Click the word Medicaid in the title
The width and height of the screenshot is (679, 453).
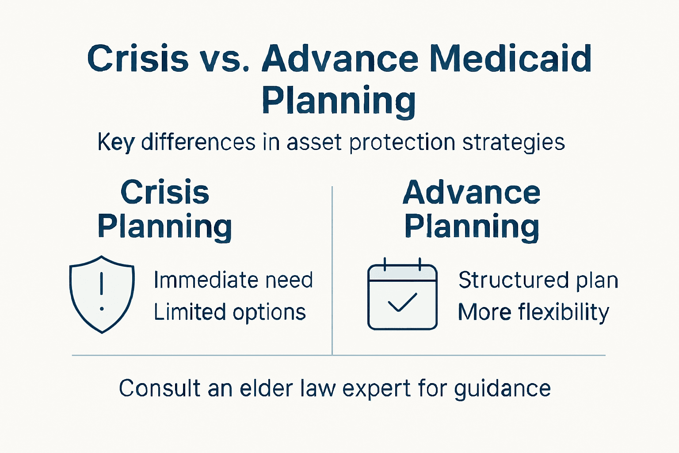coord(511,58)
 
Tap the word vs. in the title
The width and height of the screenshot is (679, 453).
coord(225,59)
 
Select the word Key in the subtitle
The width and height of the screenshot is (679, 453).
coord(116,143)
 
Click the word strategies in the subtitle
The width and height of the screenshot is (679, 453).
coord(514,143)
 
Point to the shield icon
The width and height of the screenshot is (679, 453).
coord(102,294)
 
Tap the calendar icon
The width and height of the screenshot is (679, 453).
coord(402,295)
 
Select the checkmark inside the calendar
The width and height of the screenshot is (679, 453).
coord(402,303)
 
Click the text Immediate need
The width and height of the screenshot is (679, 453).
coord(233,280)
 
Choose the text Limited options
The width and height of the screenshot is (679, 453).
coord(230,312)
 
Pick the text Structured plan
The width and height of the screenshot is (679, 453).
coord(538,280)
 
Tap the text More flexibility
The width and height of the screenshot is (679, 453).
coord(533,312)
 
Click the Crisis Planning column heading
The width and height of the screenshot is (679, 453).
coord(165,210)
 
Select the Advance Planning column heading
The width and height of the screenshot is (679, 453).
coord(472,210)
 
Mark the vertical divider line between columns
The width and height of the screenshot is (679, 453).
coord(332,270)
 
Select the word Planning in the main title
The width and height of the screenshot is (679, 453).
coord(339,101)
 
